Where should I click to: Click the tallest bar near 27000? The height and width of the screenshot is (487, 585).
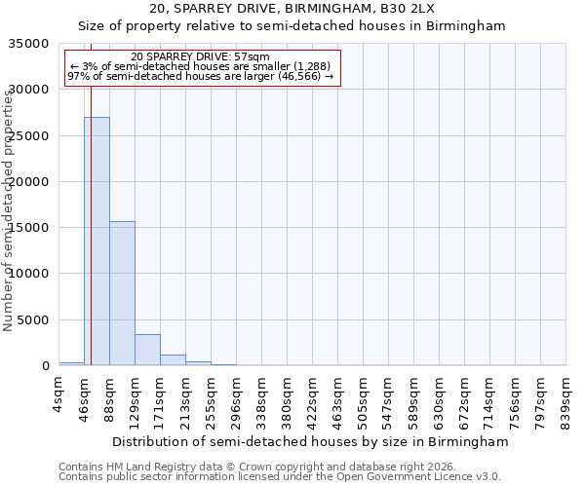[x=97, y=242]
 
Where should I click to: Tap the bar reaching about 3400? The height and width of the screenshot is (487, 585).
[x=147, y=350]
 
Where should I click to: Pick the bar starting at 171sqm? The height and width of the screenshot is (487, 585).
[x=173, y=360]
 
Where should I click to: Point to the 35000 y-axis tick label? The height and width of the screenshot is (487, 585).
[x=30, y=44]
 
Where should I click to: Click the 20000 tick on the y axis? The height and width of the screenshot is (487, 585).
[x=30, y=182]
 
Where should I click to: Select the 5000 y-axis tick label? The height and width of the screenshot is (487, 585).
[x=34, y=320]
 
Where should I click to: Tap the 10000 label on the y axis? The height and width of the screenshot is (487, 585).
[x=30, y=274]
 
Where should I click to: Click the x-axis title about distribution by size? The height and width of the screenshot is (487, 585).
[x=310, y=441]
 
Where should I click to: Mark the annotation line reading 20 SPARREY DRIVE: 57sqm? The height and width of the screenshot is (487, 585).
[x=206, y=57]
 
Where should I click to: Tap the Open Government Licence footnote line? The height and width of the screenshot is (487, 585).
[x=280, y=477]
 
